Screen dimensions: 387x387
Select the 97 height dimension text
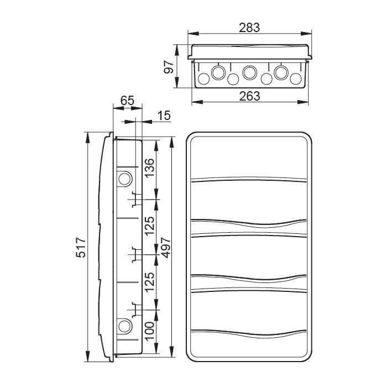pos(169,67)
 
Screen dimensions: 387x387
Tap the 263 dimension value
pos(250,96)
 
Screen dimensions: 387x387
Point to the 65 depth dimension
pos(127,101)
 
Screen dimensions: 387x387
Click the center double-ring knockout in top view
pos(250,72)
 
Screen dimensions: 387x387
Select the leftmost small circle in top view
pos(203,80)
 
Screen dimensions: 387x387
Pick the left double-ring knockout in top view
pos(218,72)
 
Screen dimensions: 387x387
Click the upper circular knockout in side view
pos(124,179)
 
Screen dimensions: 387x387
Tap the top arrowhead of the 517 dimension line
pos(87,136)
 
